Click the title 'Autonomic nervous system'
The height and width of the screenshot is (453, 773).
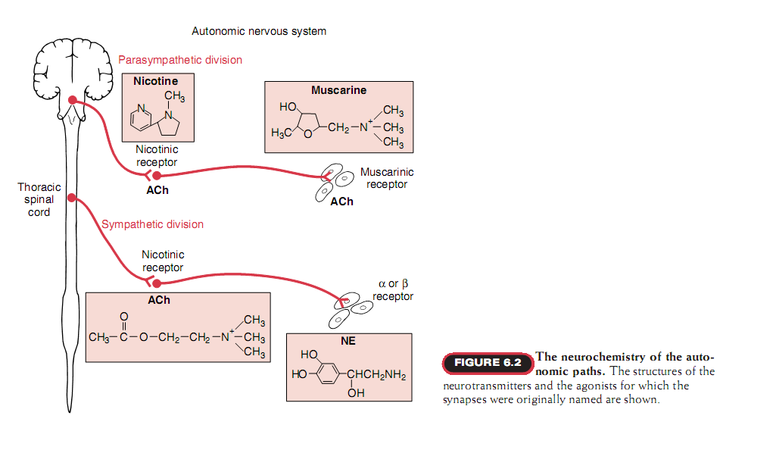click(259, 31)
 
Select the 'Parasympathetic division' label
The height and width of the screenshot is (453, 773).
click(180, 60)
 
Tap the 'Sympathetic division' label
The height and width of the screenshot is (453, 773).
click(152, 224)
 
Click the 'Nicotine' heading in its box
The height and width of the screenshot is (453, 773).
click(155, 81)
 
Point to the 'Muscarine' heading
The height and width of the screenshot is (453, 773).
click(338, 90)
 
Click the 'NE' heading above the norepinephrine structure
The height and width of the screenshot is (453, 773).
click(348, 341)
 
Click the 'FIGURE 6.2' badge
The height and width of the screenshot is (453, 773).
click(488, 363)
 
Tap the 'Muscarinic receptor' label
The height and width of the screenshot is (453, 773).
click(387, 178)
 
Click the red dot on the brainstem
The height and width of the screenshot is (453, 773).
click(72, 101)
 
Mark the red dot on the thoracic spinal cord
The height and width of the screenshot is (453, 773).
click(72, 198)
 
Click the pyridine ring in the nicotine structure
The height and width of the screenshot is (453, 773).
click(142, 117)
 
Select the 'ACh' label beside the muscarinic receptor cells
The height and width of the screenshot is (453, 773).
click(341, 202)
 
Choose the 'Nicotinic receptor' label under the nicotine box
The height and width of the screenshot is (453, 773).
click(157, 155)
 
